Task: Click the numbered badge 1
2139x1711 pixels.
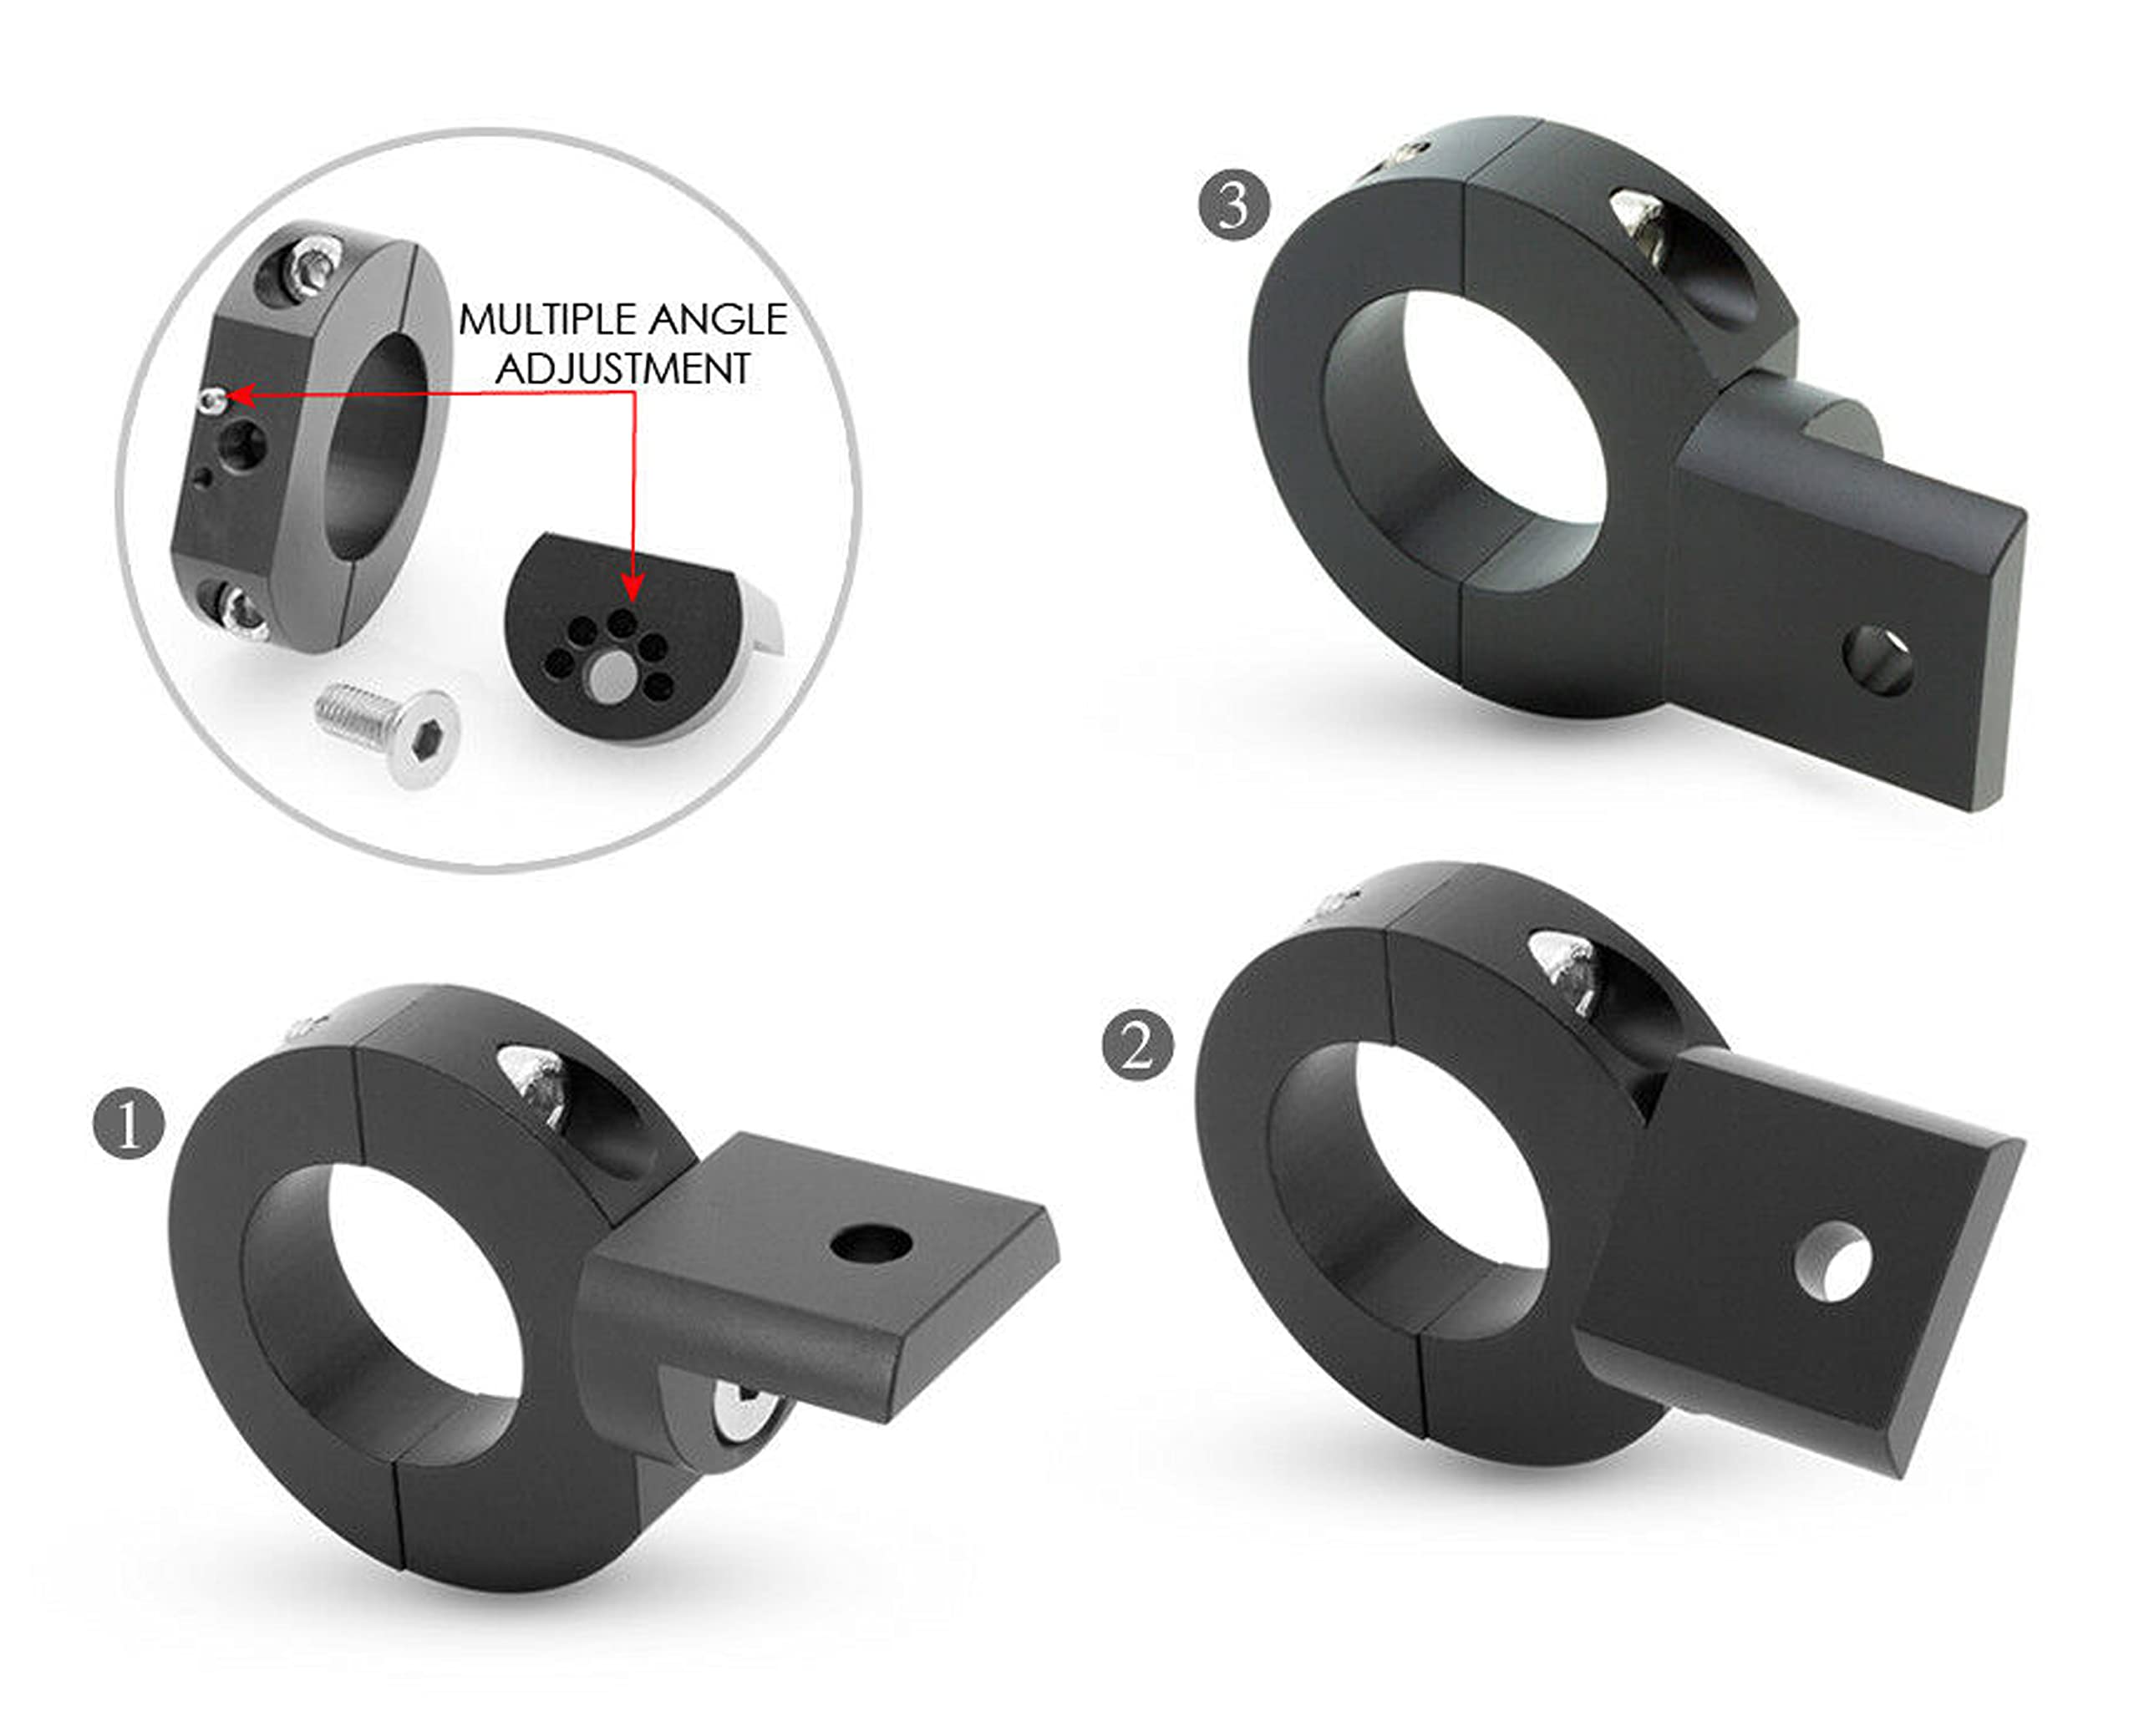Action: pyautogui.click(x=129, y=1125)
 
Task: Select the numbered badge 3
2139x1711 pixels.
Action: pyautogui.click(x=1234, y=206)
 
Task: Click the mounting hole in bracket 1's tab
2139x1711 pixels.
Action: pyautogui.click(x=871, y=1241)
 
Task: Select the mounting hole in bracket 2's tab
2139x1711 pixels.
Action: pyautogui.click(x=1832, y=1262)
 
